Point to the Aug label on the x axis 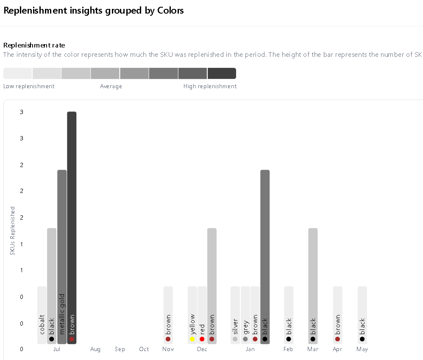pos(95,349)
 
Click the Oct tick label pos(144,349)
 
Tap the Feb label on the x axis pos(288,349)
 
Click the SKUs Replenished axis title pos(13,231)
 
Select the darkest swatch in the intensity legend pos(222,73)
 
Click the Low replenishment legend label pos(29,87)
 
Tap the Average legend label pos(111,87)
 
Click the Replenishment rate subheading pos(34,45)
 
